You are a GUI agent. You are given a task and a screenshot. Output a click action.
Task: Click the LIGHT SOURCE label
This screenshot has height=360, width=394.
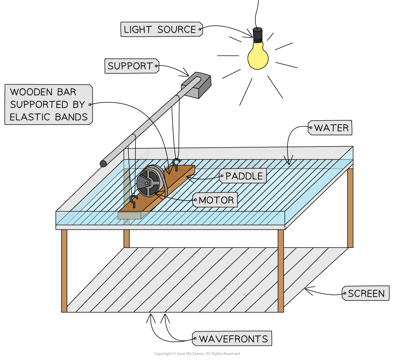click(162, 29)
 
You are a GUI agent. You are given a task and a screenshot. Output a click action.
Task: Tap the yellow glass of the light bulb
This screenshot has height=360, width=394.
click(258, 56)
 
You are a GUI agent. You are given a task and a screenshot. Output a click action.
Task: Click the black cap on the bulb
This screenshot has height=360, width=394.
click(258, 34)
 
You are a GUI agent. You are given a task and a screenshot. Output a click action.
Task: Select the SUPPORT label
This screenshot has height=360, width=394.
click(132, 66)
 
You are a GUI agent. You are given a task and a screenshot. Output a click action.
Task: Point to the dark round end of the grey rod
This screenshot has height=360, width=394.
click(103, 164)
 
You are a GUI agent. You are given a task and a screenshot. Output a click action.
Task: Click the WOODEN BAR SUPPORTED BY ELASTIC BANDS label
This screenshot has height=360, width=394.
click(49, 105)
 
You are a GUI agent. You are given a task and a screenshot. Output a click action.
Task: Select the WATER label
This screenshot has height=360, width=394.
click(330, 128)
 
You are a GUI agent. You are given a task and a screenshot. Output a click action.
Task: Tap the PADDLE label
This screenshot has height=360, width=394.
click(242, 176)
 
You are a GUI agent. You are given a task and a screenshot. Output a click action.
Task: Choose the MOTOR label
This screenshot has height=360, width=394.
click(215, 200)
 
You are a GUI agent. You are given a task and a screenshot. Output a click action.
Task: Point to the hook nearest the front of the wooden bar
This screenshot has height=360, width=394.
click(134, 201)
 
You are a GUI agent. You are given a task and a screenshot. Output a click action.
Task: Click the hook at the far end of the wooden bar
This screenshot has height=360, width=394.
click(176, 164)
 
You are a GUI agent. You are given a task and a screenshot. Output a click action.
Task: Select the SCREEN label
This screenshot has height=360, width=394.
click(366, 293)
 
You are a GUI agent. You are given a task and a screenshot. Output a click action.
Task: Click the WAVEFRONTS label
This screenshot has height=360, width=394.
click(232, 339)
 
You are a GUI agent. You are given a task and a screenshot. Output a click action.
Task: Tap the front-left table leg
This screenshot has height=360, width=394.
click(64, 271)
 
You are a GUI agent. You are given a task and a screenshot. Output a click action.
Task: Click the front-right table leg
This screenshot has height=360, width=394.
click(281, 271)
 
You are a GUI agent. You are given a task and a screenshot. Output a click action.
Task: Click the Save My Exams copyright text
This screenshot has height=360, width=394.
click(197, 354)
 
